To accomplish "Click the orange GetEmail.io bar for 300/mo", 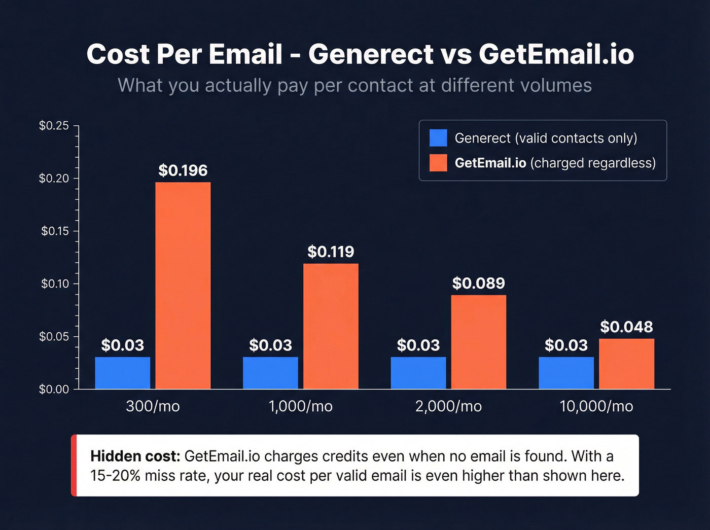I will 183,286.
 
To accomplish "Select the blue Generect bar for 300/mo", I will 123,373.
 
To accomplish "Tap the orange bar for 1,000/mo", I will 331,326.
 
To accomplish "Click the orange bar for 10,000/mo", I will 626,364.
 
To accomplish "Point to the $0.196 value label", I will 183,170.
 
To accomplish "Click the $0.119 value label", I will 331,252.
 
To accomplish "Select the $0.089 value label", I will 478,283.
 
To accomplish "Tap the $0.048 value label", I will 626,327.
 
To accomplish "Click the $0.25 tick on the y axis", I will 54,126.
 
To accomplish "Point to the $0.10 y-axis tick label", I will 55,284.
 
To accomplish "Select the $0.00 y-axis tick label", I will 54,390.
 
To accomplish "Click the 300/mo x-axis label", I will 153,406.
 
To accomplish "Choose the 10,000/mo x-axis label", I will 596,406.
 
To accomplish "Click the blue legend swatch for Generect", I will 438,138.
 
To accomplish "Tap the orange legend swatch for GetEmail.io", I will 438,163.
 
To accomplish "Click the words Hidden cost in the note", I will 135,456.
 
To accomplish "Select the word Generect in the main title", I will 371,54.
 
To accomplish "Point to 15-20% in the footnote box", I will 115,476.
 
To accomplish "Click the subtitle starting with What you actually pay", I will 354,85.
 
